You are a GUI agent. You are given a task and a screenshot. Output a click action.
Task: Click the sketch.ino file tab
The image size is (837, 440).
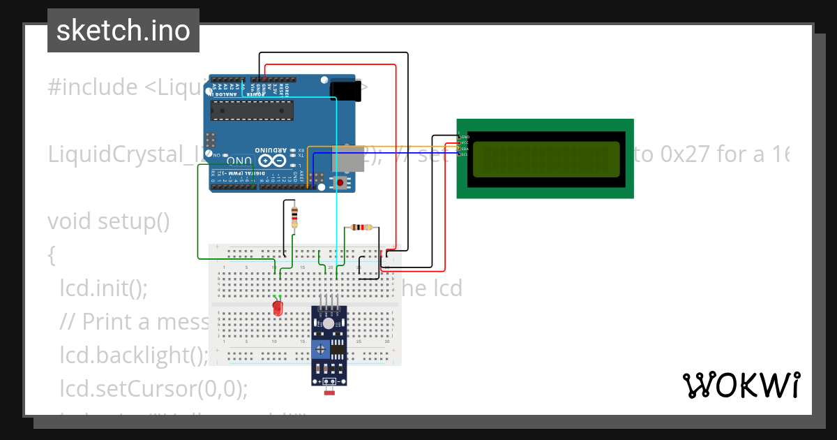(x=123, y=31)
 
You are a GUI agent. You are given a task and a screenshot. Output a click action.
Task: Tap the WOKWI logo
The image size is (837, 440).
(x=741, y=385)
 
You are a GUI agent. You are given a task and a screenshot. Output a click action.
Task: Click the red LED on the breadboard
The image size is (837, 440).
(x=278, y=308)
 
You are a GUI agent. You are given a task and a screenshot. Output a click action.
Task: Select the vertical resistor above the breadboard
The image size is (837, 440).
(x=294, y=217)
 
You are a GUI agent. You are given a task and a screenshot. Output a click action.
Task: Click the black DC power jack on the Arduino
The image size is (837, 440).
(x=347, y=91)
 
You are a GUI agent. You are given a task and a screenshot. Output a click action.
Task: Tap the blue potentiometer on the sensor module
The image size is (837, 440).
(x=321, y=349)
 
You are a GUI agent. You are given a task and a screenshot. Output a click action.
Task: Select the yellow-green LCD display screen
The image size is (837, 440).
(x=545, y=159)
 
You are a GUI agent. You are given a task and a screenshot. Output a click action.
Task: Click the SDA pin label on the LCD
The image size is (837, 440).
(x=464, y=149)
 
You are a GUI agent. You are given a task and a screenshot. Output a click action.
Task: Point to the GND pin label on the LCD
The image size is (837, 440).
(x=464, y=137)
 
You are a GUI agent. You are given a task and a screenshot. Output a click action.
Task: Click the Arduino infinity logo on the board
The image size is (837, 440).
(x=280, y=160)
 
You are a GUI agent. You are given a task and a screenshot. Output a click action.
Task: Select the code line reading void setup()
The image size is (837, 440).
(x=109, y=221)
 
